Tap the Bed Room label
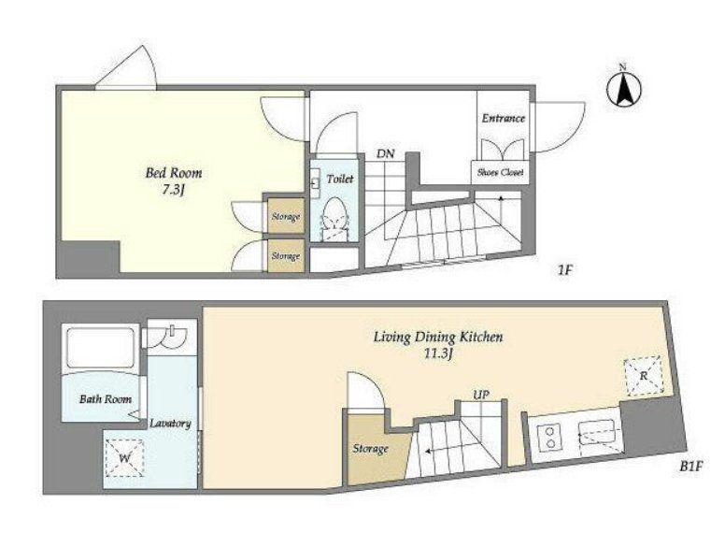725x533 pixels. point(174,173)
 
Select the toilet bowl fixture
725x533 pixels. point(334,218)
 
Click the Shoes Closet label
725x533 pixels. point(500,172)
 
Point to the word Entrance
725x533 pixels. point(504,118)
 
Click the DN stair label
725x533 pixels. point(385,153)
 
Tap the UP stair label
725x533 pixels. point(481,395)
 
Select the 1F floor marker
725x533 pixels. point(565,270)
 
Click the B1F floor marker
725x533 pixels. point(690,467)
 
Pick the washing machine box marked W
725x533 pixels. point(124,458)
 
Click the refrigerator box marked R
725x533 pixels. point(643,376)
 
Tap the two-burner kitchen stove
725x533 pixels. point(550,437)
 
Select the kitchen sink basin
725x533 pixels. point(596,433)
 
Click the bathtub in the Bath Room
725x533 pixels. point(101,346)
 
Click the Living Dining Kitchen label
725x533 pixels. point(438,337)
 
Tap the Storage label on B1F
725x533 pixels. point(370,448)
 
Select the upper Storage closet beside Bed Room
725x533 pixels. point(285,216)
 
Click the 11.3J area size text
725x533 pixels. point(438,355)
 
